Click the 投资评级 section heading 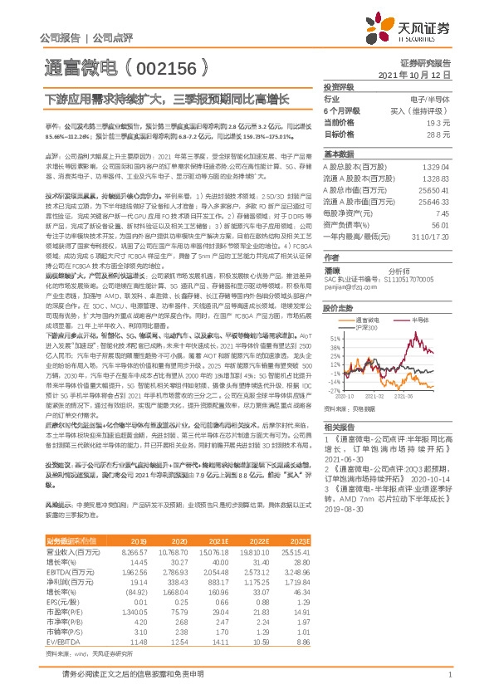338,86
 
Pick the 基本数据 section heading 338,154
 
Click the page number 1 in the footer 449,675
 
